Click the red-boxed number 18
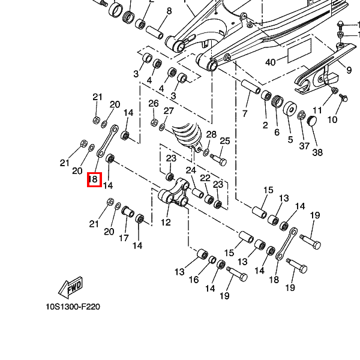[x=94, y=179]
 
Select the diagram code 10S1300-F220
[x=73, y=307]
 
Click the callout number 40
[x=270, y=62]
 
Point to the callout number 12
[x=166, y=222]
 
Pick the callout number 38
[x=317, y=152]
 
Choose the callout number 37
[x=304, y=146]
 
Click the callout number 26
[x=154, y=103]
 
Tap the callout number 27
[x=169, y=111]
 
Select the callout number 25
[x=225, y=141]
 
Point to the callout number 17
[x=124, y=238]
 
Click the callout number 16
[x=194, y=280]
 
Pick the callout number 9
[x=349, y=70]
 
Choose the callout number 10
[x=332, y=120]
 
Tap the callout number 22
[x=205, y=178]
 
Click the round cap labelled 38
[x=312, y=122]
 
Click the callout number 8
[x=169, y=11]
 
